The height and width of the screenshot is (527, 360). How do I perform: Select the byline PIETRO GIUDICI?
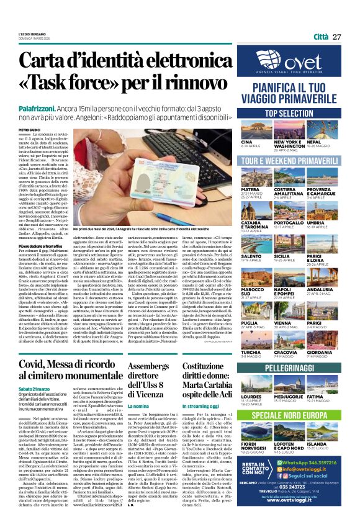[x=29, y=130]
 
